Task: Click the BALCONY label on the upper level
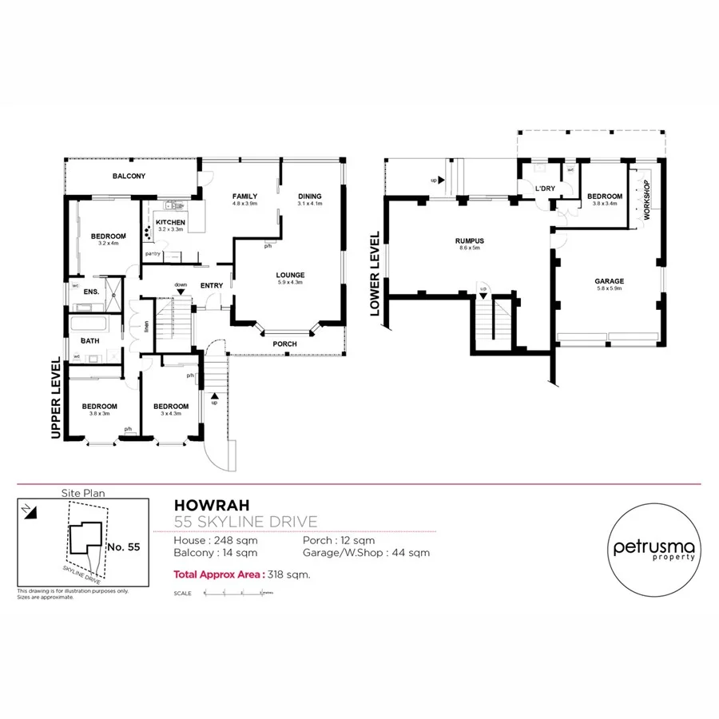(129, 176)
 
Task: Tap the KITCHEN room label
(170, 222)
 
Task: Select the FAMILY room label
(244, 196)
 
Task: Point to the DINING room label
(310, 196)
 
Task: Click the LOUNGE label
(291, 275)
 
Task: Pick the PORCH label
(284, 344)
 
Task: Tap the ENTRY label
(212, 285)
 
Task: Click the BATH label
(89, 341)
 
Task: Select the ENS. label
(91, 292)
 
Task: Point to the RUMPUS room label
(471, 240)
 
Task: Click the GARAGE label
(609, 281)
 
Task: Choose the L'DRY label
(546, 189)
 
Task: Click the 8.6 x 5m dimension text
(471, 249)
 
